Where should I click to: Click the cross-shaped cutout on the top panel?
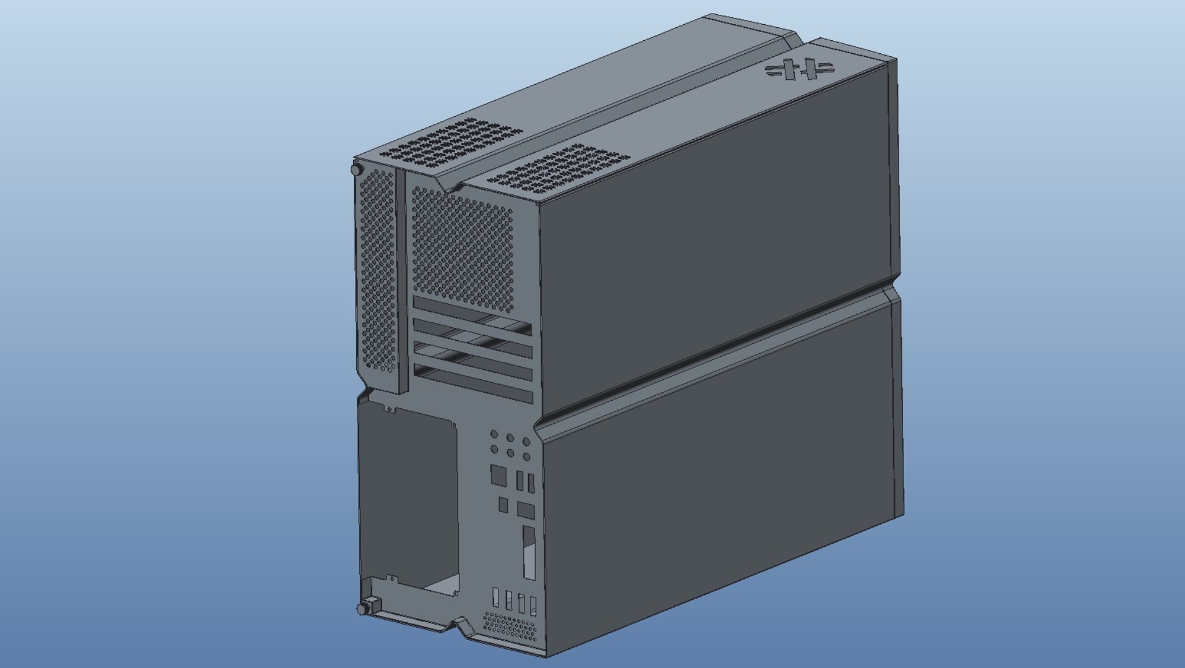[x=800, y=69]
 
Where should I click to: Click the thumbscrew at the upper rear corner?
[x=356, y=169]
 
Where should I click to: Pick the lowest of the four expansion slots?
[x=473, y=383]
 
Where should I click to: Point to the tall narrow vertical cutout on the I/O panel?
[x=529, y=552]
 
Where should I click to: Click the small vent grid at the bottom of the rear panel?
[x=511, y=627]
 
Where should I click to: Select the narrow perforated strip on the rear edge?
[x=378, y=272]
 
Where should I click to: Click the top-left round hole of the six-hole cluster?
[x=494, y=435]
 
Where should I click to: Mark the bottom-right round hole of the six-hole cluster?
[x=526, y=457]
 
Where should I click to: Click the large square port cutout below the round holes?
[x=498, y=475]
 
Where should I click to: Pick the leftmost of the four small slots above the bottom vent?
[x=495, y=597]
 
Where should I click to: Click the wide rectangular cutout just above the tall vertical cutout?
[x=525, y=510]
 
